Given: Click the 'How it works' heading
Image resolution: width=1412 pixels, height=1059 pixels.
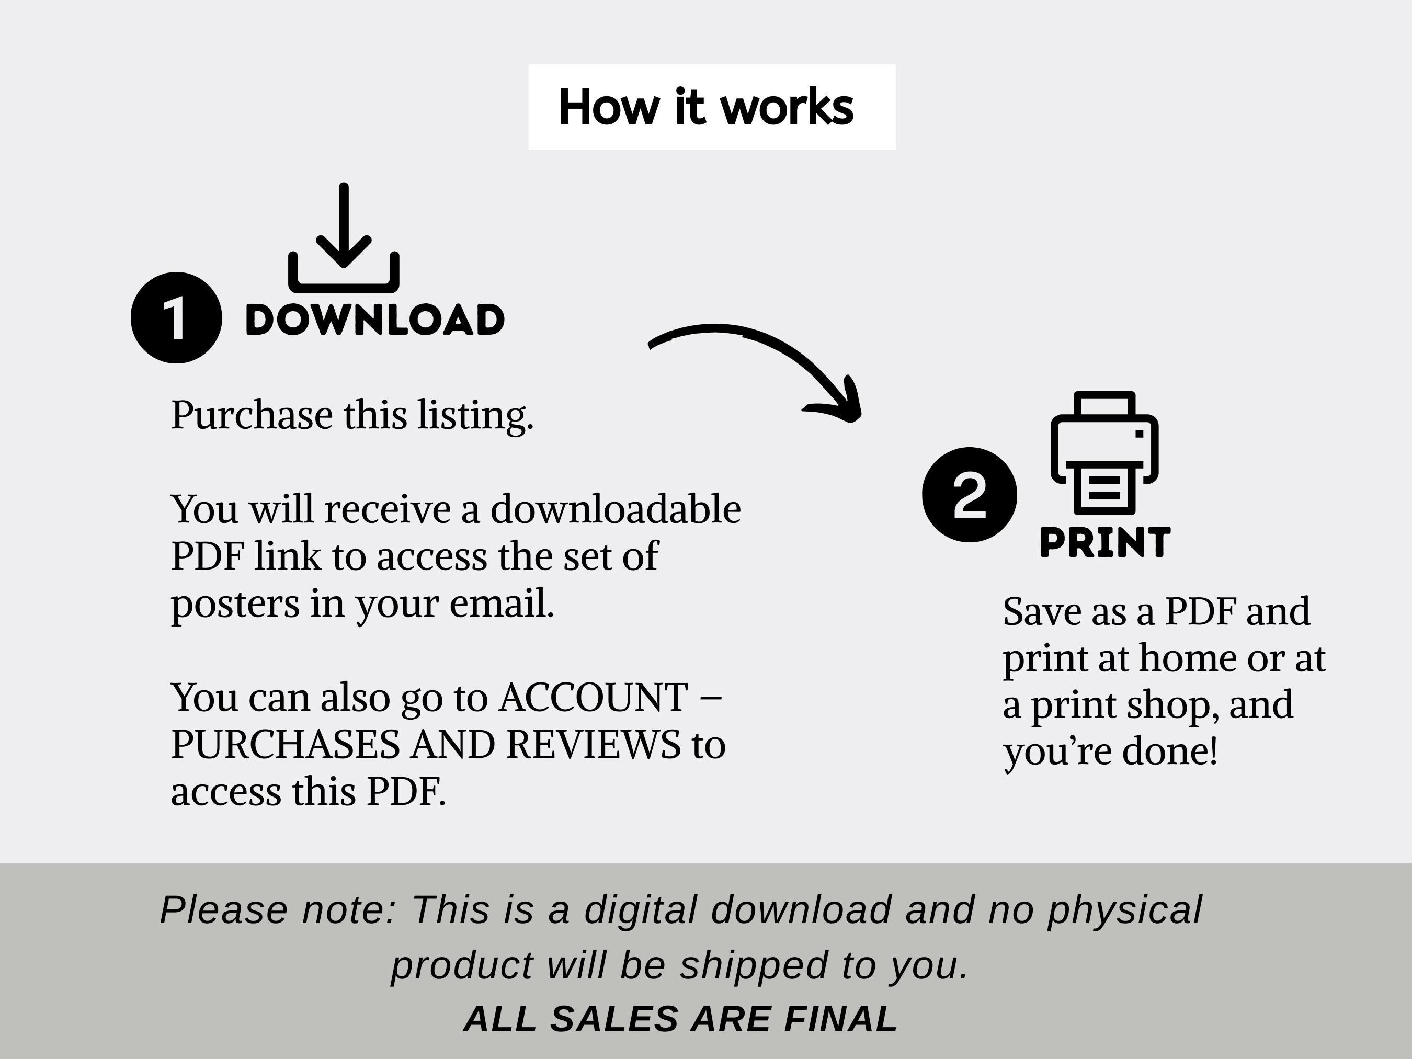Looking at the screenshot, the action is coord(706,107).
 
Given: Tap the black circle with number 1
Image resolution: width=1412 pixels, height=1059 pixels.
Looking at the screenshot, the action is coord(176,318).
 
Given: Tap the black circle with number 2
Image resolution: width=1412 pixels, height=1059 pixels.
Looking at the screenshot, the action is coord(970,495).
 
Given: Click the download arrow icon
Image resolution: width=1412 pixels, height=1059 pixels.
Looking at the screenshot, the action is coord(344,237).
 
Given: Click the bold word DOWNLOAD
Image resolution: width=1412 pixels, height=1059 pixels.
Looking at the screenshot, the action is coord(375,320).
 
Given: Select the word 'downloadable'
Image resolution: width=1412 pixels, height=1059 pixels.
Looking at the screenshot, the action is coord(616,509).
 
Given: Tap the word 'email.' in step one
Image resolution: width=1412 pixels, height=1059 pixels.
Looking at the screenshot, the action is coord(502,603).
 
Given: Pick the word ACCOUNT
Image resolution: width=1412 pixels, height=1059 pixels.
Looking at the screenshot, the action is coord(594,697).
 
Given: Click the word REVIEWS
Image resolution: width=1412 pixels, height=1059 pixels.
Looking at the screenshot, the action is coord(594,744).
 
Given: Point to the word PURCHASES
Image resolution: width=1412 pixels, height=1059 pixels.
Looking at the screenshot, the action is coord(286,744).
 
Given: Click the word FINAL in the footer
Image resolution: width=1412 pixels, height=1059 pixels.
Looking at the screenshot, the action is coord(841,1018).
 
